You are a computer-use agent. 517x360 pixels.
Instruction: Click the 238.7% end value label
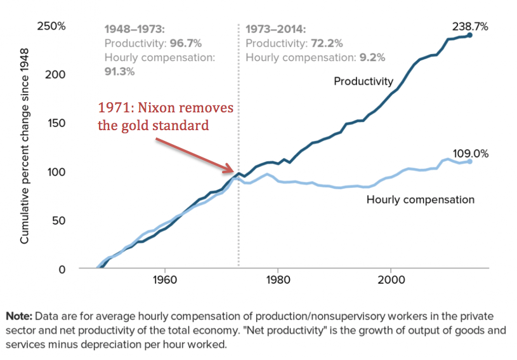[x=469, y=27]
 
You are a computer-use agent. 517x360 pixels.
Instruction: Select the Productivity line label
[x=365, y=81]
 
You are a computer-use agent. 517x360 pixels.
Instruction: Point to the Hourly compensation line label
[x=421, y=199]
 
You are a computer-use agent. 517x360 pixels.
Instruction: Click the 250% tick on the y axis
[x=52, y=27]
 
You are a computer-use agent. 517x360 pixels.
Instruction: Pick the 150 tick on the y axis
[x=57, y=123]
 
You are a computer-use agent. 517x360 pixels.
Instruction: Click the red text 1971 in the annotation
[x=114, y=108]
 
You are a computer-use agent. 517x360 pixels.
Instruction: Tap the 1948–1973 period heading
[x=134, y=29]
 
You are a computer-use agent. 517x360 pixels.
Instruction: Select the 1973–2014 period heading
[x=275, y=29]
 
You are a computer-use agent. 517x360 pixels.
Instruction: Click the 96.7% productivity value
[x=186, y=43]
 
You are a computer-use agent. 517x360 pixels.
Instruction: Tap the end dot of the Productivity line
[x=469, y=35]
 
